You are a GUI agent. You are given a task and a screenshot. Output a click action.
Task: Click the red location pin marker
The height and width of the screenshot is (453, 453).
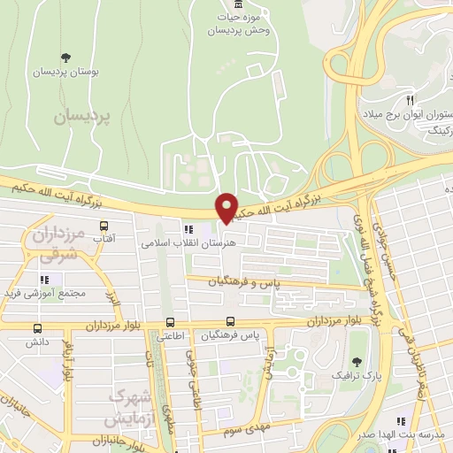click(x=226, y=207)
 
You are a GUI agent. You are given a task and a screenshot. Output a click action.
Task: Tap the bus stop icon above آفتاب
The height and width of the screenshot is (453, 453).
click(x=104, y=226)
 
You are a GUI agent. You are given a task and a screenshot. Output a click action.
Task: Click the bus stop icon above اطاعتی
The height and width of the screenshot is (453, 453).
click(x=170, y=323)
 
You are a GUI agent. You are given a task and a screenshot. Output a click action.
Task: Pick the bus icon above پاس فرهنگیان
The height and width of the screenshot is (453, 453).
click(x=231, y=322)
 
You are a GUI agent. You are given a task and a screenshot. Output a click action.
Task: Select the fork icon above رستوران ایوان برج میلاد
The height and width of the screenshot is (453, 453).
click(x=410, y=100)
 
